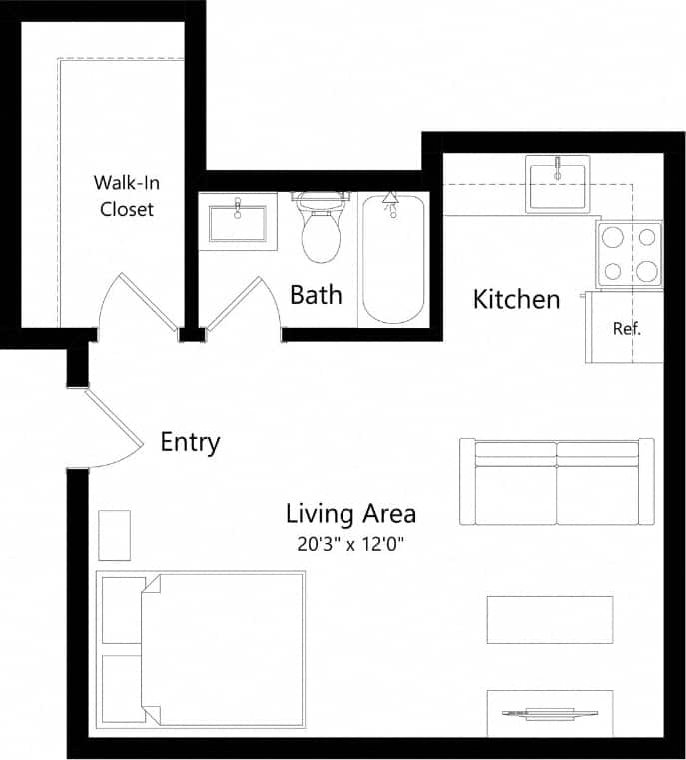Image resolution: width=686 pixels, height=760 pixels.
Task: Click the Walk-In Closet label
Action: (126, 196)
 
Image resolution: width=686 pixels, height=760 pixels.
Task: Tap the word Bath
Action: (316, 295)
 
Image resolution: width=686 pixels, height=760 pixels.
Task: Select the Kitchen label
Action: (516, 299)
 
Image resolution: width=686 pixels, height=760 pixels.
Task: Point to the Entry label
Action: (190, 442)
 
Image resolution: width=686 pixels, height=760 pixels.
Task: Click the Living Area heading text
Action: (350, 514)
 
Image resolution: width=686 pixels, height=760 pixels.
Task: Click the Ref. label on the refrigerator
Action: (626, 328)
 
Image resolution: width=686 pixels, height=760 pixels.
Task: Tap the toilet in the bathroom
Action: (322, 229)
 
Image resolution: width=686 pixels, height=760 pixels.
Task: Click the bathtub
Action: (392, 258)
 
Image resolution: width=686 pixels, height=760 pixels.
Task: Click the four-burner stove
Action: (629, 253)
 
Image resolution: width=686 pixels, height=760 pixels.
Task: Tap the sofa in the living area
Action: (556, 481)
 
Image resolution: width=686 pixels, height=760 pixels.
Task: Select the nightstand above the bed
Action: (114, 535)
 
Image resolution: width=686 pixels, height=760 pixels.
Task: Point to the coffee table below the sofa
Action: (549, 620)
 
